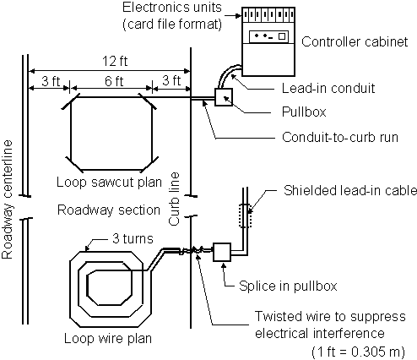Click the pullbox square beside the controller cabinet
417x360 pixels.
point(224,99)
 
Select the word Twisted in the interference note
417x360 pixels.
point(275,316)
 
